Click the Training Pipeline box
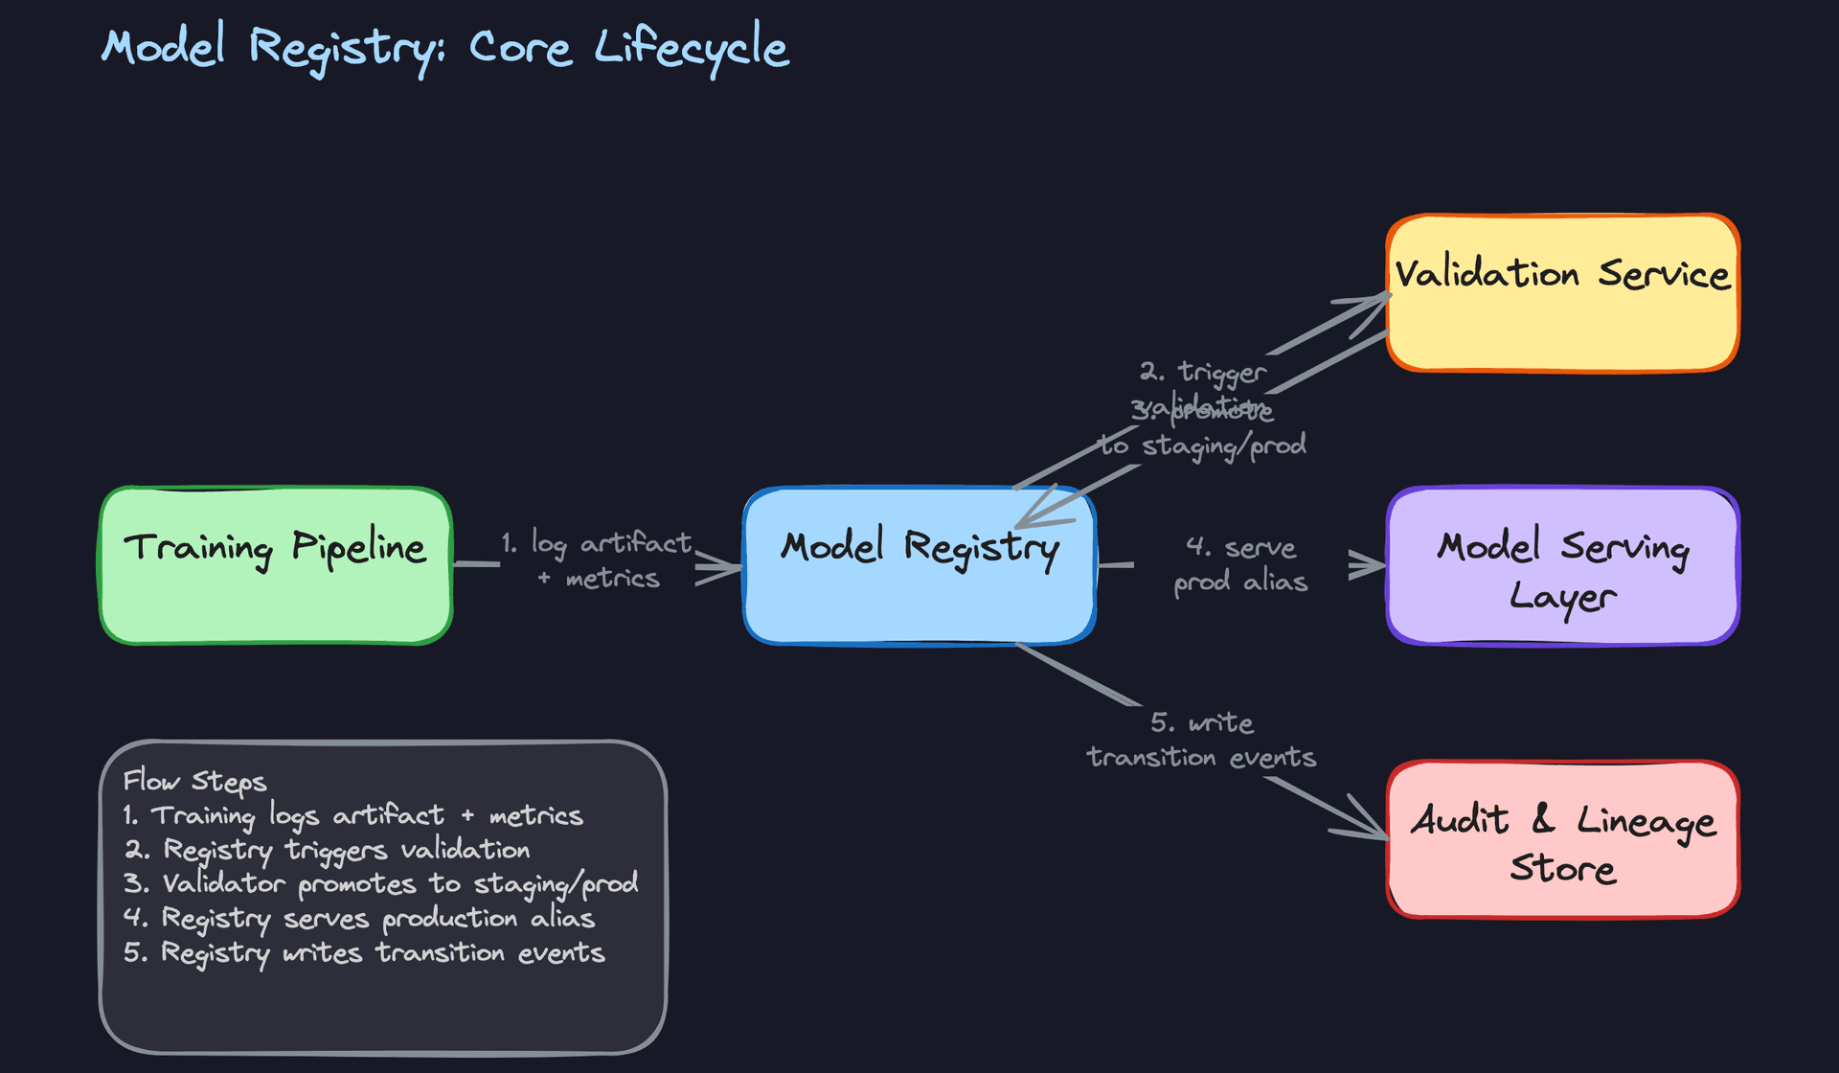coord(276,565)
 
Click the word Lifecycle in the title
coord(692,48)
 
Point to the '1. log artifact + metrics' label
coord(597,560)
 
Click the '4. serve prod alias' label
coord(1240,564)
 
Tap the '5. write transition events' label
coord(1201,740)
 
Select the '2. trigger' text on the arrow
coord(1203,372)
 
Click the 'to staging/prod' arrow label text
coord(1203,445)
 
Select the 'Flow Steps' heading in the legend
coord(194,782)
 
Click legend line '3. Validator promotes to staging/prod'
coord(380,883)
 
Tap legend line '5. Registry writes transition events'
coord(364,953)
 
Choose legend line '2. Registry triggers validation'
coord(327,850)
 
